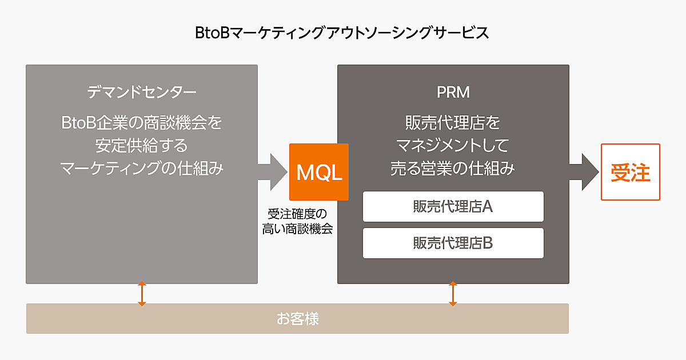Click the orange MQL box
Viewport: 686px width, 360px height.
tap(318, 172)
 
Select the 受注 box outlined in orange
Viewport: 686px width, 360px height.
tap(630, 172)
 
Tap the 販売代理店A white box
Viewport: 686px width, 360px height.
tap(453, 206)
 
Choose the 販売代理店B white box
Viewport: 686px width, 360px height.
tap(453, 243)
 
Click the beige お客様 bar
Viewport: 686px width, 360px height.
tap(297, 318)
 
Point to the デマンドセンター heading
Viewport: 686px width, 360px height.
tap(142, 91)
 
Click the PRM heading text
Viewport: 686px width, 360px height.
tap(453, 91)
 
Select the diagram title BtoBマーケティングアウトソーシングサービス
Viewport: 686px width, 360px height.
tap(342, 33)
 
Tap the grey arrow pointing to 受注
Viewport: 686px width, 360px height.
tap(583, 172)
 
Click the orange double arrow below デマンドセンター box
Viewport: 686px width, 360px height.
tap(142, 293)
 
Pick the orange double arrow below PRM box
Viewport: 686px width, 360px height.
tap(453, 293)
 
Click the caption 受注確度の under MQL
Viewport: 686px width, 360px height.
tap(297, 214)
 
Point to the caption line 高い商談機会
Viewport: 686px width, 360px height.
tap(297, 229)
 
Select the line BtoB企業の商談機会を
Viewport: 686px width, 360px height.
tap(142, 123)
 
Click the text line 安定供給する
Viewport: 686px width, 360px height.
tap(142, 145)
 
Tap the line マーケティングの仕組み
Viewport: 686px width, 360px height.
tap(142, 168)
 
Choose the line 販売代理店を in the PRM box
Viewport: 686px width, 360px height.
tap(453, 123)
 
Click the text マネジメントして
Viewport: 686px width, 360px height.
tap(453, 145)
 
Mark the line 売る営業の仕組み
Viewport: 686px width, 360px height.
tap(453, 168)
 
